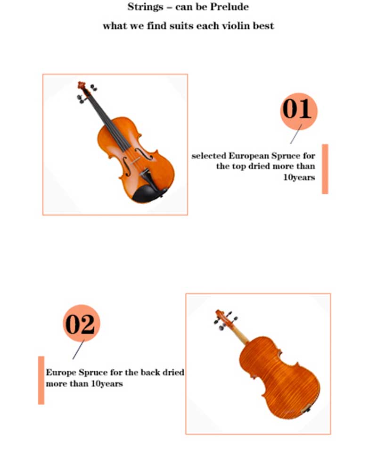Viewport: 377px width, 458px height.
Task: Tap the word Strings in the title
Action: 145,7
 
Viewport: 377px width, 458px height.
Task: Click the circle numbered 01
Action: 298,111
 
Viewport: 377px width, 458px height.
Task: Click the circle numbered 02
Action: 82,323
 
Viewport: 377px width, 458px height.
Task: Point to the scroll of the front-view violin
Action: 82,85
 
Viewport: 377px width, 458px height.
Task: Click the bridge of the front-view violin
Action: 135,160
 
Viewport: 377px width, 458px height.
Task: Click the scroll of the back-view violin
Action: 220,315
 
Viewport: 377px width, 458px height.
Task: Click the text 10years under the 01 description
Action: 299,177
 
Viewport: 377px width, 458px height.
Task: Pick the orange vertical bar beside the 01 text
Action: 325,169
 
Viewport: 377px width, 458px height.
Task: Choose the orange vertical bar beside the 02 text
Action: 41,380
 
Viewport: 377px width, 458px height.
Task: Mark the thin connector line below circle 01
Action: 296,134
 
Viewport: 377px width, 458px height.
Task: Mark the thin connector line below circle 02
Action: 79,350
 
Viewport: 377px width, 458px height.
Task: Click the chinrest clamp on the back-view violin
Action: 306,410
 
